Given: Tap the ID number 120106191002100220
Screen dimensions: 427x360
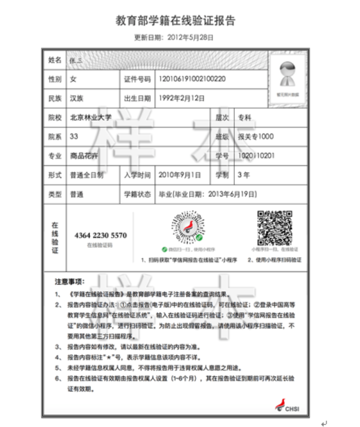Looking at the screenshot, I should tap(192, 79).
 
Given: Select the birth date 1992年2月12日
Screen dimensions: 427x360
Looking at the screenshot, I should tap(181, 99).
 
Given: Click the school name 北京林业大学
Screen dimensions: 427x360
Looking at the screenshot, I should tap(91, 118).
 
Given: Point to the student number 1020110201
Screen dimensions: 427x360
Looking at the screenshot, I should tap(256, 156).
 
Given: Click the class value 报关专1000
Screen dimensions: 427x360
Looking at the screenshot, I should tap(255, 136).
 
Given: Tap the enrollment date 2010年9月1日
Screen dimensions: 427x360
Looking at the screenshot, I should tap(180, 175).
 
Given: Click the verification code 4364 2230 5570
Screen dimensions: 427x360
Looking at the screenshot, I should tap(100, 235).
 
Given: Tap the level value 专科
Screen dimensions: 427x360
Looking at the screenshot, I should tap(245, 118).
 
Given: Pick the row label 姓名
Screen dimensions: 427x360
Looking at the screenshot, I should tap(55, 60).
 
